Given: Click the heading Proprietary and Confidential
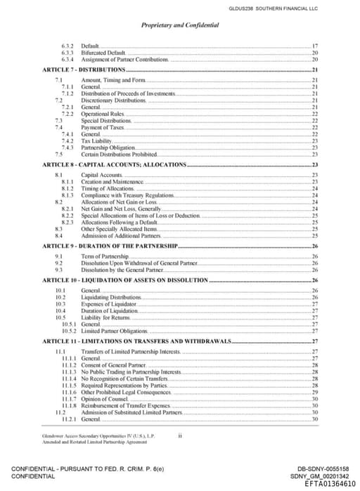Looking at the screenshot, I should click(180, 25).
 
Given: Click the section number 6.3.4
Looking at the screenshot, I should click(68, 60).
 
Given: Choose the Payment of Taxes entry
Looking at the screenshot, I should click(102, 127).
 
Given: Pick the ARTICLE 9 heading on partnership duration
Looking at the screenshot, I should click(110, 247).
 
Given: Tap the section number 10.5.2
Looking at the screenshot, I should click(69, 330).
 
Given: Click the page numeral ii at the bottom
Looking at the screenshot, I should click(180, 436).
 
